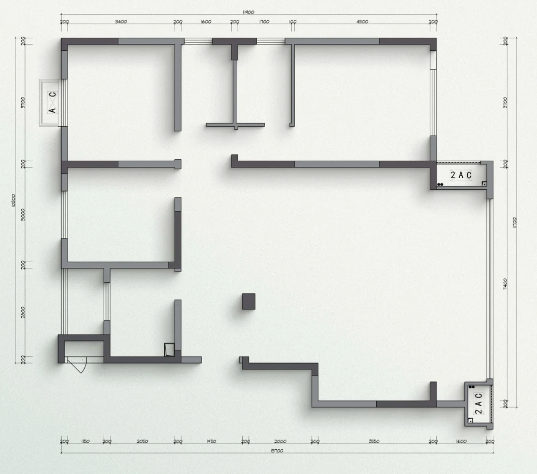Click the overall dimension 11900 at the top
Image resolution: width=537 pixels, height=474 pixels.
tap(248, 12)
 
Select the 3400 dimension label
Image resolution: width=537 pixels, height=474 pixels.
tap(121, 22)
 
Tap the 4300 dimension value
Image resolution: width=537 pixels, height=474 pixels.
tap(362, 22)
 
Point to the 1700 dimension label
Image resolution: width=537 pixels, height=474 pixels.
tap(264, 22)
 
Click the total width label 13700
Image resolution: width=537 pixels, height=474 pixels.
tap(276, 451)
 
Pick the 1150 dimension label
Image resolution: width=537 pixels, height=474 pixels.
tap(85, 441)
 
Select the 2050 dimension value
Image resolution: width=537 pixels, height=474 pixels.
tap(142, 441)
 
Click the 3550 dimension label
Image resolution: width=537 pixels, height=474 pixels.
tap(374, 441)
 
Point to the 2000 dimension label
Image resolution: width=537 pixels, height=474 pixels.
tap(280, 441)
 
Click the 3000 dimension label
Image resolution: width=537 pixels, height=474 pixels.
tap(23, 214)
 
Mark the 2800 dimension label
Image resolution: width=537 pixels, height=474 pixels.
tap(23, 312)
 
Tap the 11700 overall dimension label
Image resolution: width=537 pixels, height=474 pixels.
tap(515, 223)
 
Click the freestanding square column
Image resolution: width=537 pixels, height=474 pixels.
tap(249, 301)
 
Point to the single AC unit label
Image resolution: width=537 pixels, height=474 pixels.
tap(52, 103)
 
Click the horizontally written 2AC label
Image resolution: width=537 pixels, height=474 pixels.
tap(461, 175)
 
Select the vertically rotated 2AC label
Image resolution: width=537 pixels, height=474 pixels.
tap(478, 403)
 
